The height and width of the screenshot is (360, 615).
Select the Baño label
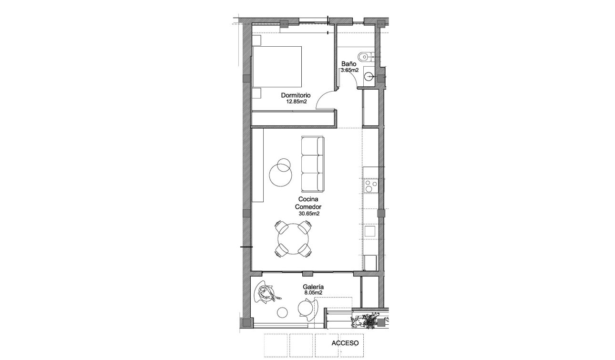pos(348,64)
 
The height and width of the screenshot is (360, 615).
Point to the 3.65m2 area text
pos(349,70)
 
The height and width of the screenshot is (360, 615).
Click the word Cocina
pos(308,199)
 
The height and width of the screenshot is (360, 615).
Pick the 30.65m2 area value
pos(309,214)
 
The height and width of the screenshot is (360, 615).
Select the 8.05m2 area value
pos(313,293)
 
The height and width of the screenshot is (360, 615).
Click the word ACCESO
pos(345,342)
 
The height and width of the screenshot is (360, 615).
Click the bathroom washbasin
pos(369,75)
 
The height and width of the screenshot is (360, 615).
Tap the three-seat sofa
pos(312,162)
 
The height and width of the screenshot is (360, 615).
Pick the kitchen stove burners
pos(370,186)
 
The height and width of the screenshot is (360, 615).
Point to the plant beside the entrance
pos(369,320)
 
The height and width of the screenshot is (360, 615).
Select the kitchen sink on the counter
pos(370,231)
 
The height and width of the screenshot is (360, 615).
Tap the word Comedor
pos(308,207)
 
